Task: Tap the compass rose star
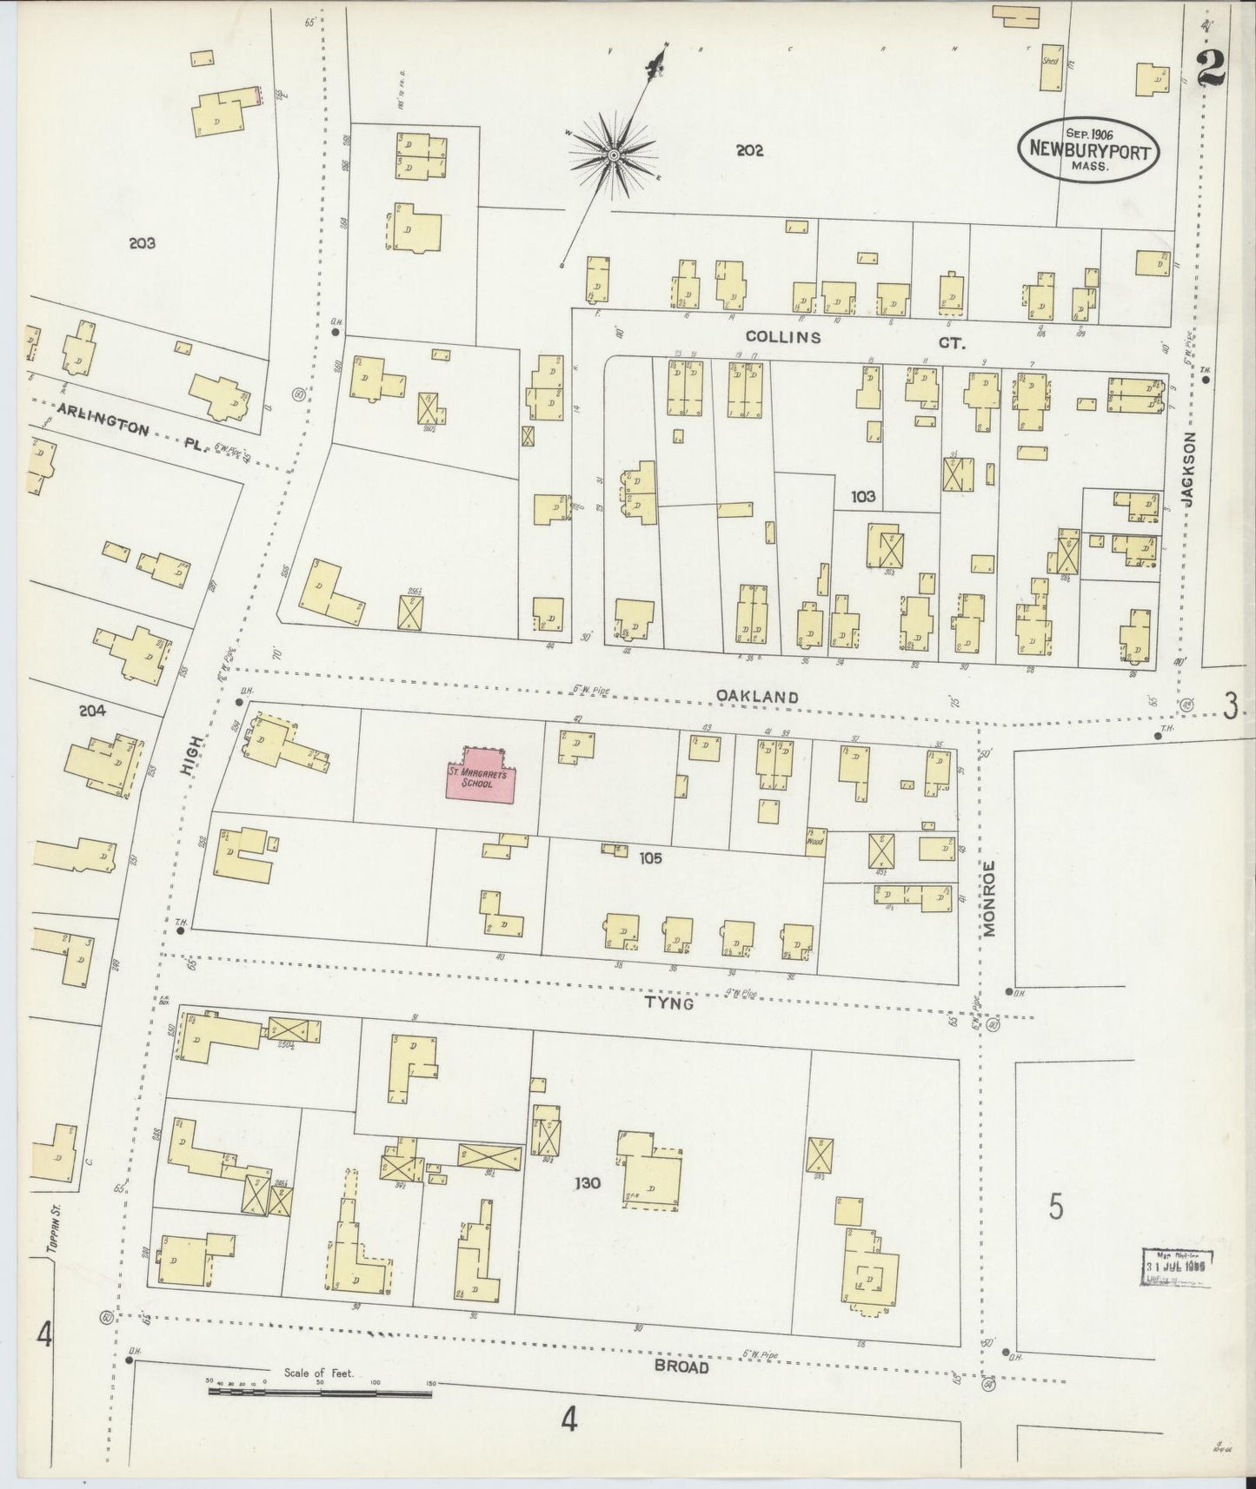click(613, 155)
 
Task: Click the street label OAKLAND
click(757, 696)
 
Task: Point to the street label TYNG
click(668, 1003)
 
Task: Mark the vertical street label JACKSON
click(1188, 469)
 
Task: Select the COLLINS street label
click(782, 337)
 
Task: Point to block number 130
click(588, 1182)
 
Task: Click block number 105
click(649, 857)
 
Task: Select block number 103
click(863, 496)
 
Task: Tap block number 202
click(748, 150)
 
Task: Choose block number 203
click(141, 243)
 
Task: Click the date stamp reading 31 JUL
click(1176, 1267)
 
